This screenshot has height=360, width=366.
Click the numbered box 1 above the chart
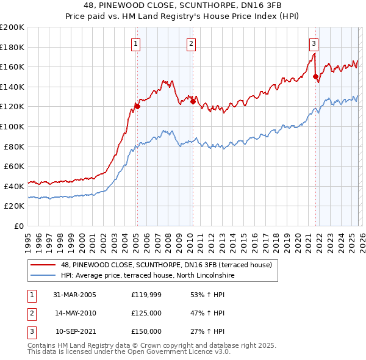[x=135, y=43]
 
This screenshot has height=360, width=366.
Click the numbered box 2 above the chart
[x=191, y=43]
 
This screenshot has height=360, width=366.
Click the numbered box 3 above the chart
[x=314, y=43]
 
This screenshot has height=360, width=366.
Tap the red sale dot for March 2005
[x=137, y=106]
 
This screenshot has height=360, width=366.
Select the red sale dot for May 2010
[x=193, y=102]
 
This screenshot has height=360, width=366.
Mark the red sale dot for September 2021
[x=315, y=77]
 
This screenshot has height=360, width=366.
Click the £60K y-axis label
[x=14, y=166]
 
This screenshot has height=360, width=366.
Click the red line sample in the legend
[x=43, y=265]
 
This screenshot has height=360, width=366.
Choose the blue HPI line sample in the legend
[x=43, y=276]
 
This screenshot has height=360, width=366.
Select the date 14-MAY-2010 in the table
[x=76, y=314]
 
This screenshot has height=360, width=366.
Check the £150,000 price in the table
[x=146, y=332]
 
